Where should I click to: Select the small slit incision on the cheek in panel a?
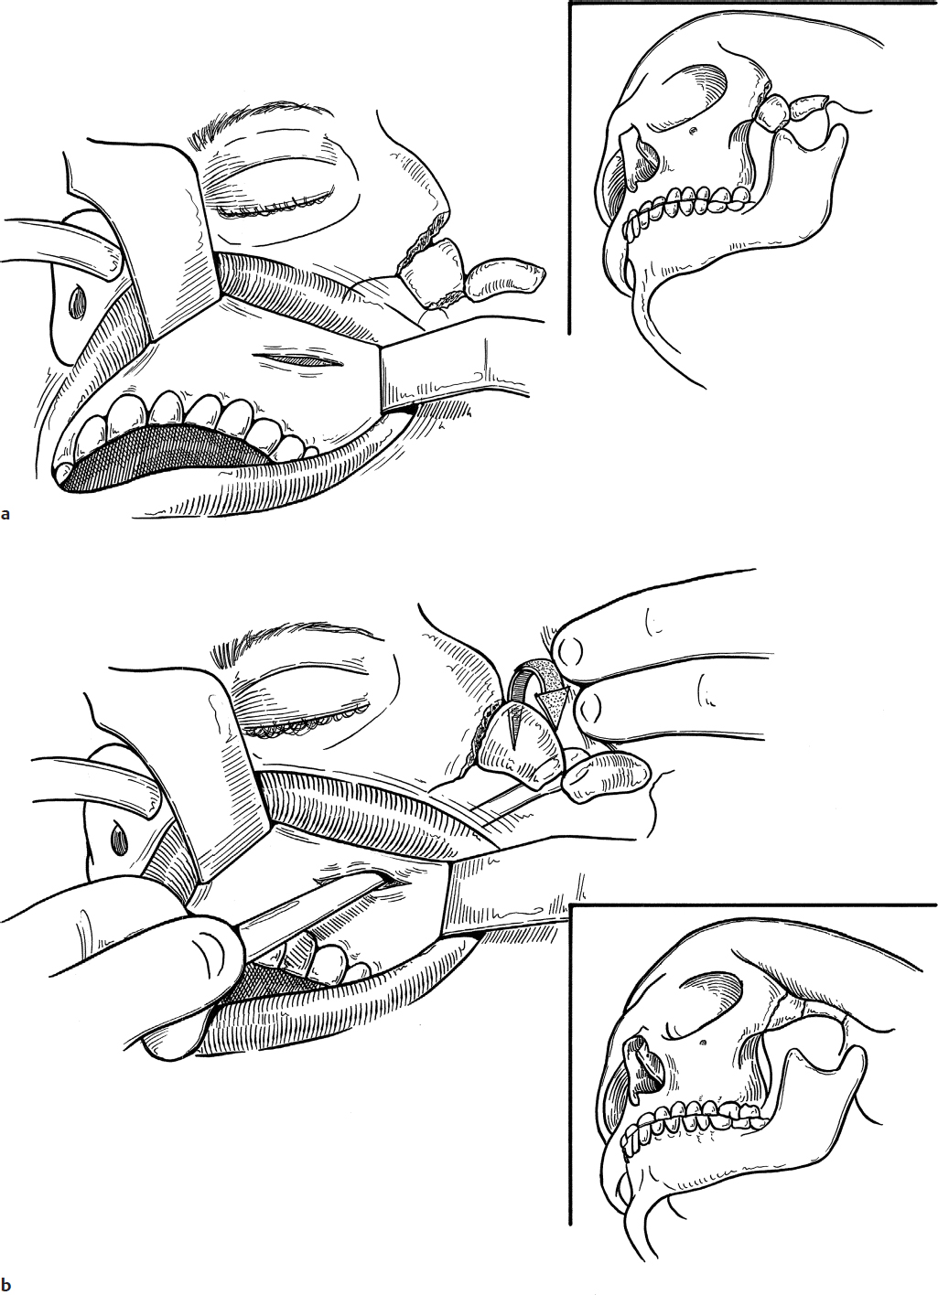coord(300,360)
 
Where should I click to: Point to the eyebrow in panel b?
coord(278,643)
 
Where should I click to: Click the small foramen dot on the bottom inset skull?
coord(702,1043)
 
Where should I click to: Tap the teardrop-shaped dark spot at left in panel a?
coord(76,301)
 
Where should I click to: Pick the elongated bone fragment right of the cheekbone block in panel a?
coord(504,281)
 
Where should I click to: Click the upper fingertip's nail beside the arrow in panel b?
coord(569,651)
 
